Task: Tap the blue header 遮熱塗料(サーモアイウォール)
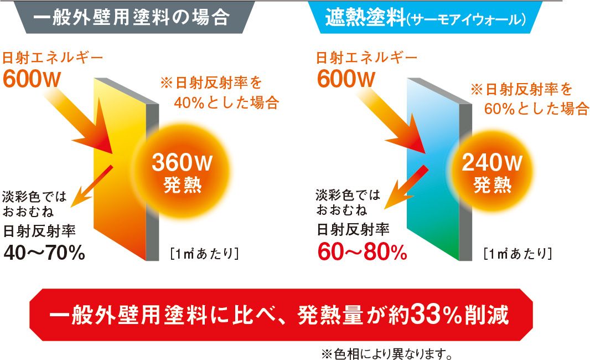426,17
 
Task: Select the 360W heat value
182,162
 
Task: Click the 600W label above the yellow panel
32,79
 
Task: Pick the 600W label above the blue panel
346,79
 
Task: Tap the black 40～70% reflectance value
44,253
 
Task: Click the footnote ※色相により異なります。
387,353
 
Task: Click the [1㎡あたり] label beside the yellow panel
204,254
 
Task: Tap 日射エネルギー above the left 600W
53,58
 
